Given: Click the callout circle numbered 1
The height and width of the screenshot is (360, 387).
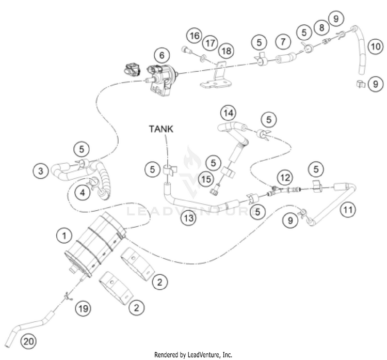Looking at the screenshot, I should coord(64,236).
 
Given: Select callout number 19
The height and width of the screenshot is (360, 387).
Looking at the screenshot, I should coord(83,308).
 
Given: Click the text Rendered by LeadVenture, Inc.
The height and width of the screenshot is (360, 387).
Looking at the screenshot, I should coord(193,355).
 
